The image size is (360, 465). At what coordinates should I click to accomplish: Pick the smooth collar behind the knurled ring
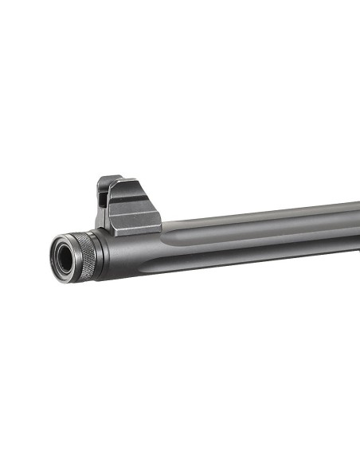click(102, 253)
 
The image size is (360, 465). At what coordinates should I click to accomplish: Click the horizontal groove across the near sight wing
click(135, 213)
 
